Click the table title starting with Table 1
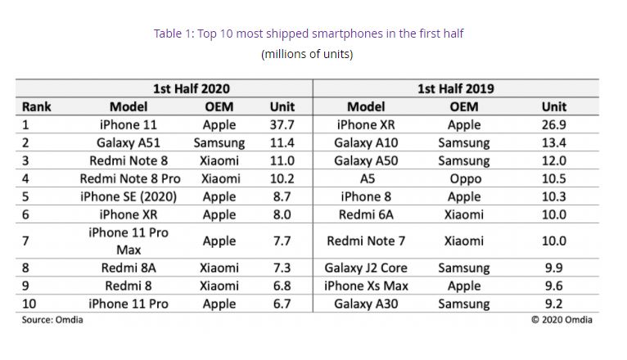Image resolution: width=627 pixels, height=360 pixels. click(309, 34)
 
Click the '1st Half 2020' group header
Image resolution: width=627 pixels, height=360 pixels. click(192, 88)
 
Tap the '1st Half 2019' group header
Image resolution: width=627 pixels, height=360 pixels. click(455, 88)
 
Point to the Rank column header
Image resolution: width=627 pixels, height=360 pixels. click(37, 106)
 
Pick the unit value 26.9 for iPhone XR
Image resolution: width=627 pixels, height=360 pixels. click(553, 125)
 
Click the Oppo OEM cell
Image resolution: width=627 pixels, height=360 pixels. click(464, 178)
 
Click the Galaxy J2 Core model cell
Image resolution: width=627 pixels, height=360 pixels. click(366, 268)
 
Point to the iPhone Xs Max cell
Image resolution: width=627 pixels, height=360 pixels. click(366, 286)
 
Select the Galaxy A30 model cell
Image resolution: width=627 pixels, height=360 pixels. click(366, 304)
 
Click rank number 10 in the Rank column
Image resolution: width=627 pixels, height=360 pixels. click(30, 304)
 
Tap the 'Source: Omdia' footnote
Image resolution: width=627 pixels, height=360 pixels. click(52, 320)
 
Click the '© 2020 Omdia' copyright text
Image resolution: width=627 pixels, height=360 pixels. click(561, 320)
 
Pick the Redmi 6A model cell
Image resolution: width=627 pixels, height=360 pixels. click(366, 214)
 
